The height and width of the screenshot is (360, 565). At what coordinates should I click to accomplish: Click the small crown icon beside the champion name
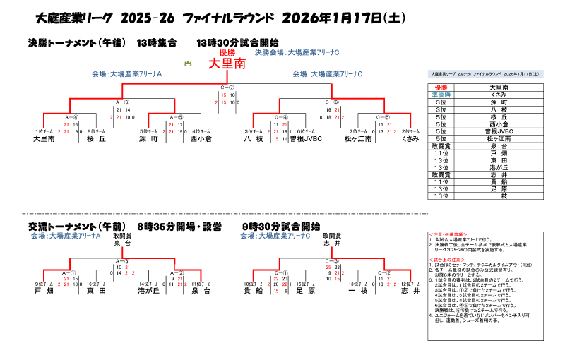click(188, 64)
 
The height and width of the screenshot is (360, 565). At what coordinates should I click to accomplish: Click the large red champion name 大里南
click(227, 64)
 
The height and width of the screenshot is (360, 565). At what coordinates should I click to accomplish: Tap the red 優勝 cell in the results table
click(441, 87)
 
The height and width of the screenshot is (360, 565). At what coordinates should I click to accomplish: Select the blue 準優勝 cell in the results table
click(441, 94)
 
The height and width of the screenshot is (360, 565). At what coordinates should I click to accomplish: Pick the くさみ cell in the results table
click(499, 94)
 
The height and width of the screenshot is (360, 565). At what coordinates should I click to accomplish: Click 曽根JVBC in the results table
click(499, 131)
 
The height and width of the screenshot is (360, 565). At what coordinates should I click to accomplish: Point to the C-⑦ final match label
click(227, 88)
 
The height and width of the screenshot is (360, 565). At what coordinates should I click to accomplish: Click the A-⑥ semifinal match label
click(122, 102)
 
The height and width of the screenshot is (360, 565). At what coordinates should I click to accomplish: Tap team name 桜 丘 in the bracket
click(96, 140)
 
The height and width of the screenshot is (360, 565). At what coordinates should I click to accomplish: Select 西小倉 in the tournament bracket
click(201, 140)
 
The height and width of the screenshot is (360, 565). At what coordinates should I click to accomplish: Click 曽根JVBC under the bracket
click(306, 140)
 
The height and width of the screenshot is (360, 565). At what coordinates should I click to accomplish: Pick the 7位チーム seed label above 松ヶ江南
click(358, 132)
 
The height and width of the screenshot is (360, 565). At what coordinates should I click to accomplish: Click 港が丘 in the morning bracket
click(148, 290)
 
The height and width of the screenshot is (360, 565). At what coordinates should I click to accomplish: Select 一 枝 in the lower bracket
click(358, 290)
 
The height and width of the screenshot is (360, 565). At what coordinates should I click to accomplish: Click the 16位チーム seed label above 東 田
click(96, 283)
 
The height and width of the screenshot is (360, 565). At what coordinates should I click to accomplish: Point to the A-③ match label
click(122, 260)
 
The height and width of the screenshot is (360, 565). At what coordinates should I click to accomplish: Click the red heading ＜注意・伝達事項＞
click(447, 234)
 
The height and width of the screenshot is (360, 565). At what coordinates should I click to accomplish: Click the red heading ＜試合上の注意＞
click(446, 259)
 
